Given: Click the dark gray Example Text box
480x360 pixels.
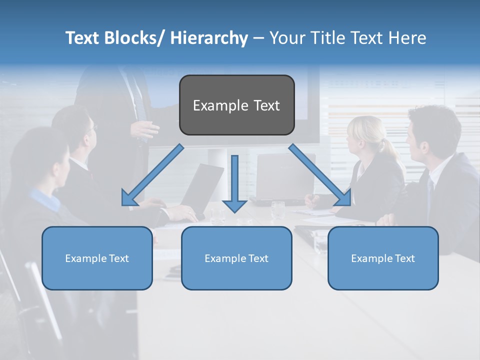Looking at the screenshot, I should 236,105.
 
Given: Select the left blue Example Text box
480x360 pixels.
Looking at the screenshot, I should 97,258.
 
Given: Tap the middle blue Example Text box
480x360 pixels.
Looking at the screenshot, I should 236,258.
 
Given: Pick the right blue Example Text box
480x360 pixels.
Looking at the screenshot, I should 383,258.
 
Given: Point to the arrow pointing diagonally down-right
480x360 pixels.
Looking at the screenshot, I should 320,175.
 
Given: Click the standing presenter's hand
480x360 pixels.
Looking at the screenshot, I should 145,130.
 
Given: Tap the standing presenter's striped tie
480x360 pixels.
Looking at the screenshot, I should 139,100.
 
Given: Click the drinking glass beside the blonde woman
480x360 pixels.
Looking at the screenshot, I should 277,209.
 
